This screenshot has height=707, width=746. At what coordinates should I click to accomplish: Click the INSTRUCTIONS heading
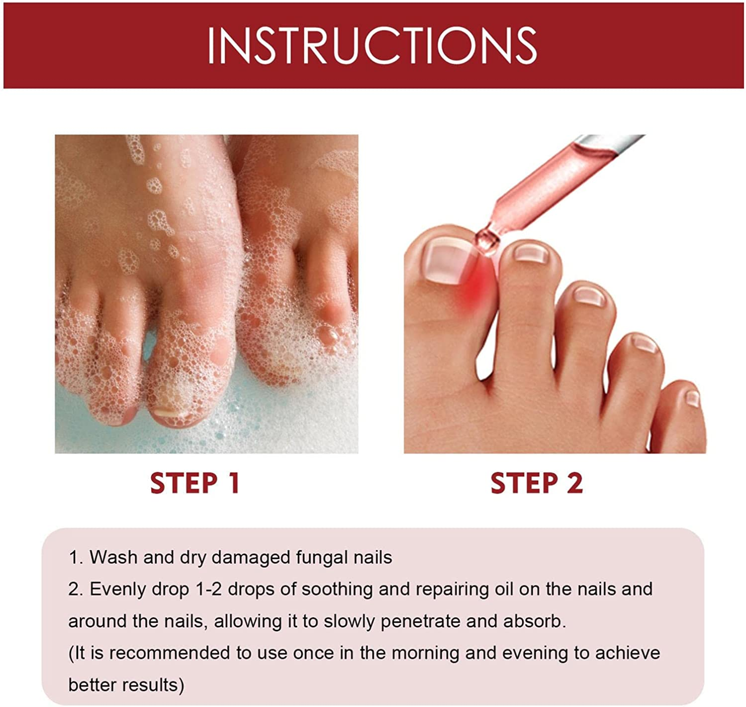[372, 46]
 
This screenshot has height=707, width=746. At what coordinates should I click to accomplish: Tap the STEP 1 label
[195, 484]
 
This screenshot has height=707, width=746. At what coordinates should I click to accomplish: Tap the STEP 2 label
[537, 484]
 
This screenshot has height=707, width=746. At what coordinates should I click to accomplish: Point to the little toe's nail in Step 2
[692, 398]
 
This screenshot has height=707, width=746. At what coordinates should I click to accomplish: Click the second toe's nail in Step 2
[531, 253]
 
